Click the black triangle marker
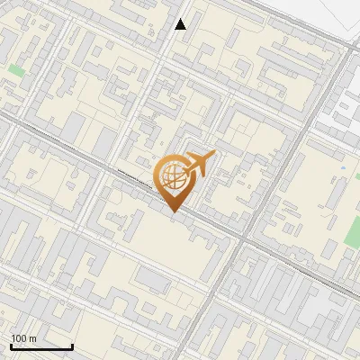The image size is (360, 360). pyautogui.click(x=181, y=24)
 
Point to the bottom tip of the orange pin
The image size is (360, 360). pyautogui.click(x=173, y=211)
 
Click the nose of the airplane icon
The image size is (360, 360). pyautogui.click(x=212, y=156)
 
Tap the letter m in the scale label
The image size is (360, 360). pyautogui.click(x=33, y=338)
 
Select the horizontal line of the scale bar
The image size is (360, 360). pyautogui.click(x=41, y=346)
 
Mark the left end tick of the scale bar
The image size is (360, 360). pyautogui.click(x=11, y=345)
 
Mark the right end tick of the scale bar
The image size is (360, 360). pyautogui.click(x=72, y=345)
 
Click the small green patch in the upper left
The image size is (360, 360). pyautogui.click(x=16, y=70)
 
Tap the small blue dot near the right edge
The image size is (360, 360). pyautogui.click(x=344, y=167)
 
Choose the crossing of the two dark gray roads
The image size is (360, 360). pyautogui.click(x=244, y=238)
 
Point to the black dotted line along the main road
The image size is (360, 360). pyautogui.click(x=135, y=175)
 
